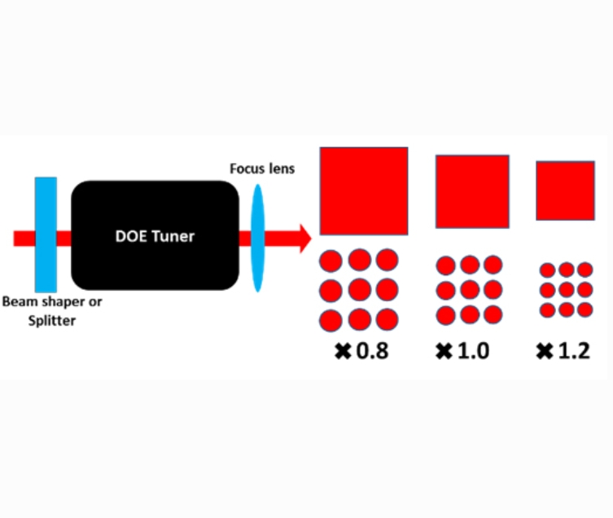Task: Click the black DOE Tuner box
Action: [155, 236]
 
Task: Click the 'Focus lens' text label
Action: [261, 169]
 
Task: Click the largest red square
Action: [363, 191]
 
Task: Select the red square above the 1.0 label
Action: [472, 191]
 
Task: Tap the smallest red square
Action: [563, 191]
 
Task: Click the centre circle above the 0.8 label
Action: [359, 289]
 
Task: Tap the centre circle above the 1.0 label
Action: [470, 290]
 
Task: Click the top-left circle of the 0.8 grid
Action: [331, 261]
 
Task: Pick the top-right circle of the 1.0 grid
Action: [493, 266]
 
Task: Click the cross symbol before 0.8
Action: [343, 352]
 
